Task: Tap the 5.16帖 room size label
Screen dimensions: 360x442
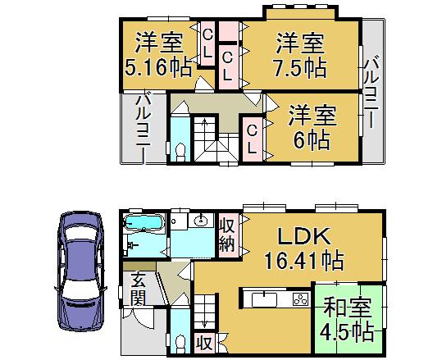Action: click(x=159, y=68)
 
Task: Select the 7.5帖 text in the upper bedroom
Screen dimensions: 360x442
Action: click(x=301, y=67)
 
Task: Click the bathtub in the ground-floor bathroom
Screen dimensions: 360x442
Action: click(x=144, y=223)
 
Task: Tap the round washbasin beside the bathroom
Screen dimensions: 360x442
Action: click(x=200, y=221)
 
